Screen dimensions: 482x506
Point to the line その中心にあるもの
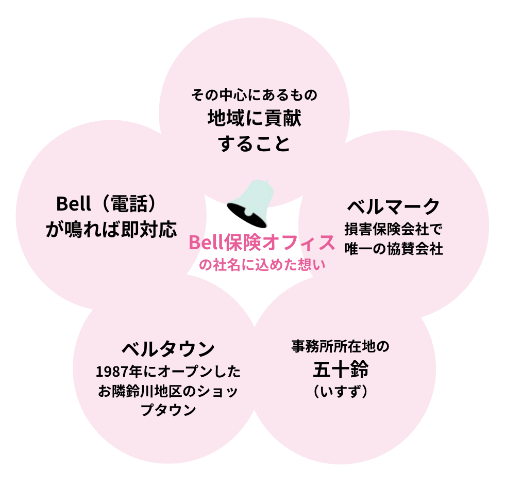click(x=254, y=95)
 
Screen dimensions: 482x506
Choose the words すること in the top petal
click(x=254, y=143)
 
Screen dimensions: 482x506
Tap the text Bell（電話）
click(x=106, y=203)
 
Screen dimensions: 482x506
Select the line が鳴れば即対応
click(x=111, y=229)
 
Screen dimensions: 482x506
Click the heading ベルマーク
click(x=393, y=206)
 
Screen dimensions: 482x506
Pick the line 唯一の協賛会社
click(x=393, y=249)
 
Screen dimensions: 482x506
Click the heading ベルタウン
click(x=168, y=349)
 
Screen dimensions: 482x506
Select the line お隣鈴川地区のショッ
click(x=168, y=391)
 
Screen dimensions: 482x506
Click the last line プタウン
click(x=168, y=411)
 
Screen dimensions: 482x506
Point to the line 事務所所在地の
click(x=340, y=346)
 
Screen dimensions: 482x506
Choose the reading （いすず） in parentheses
click(x=340, y=392)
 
